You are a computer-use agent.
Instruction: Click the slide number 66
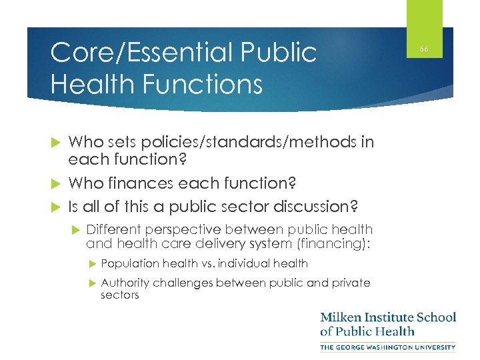423,49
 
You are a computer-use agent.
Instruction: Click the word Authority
125,283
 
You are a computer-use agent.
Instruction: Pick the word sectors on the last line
120,295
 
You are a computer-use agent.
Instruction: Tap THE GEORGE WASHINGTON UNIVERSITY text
388,347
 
